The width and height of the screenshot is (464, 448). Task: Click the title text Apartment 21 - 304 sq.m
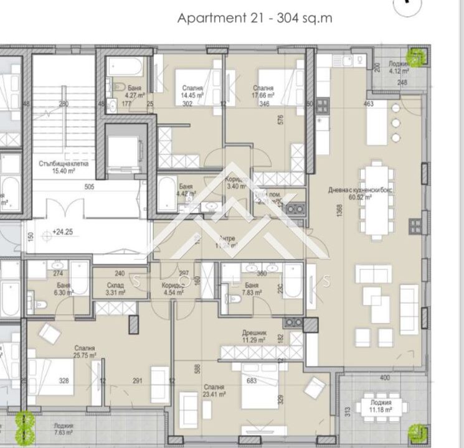(255, 18)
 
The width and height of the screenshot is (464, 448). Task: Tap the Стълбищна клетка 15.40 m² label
(63, 167)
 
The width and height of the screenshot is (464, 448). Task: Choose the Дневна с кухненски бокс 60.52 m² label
(361, 194)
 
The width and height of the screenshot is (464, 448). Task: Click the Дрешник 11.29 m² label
(254, 337)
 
